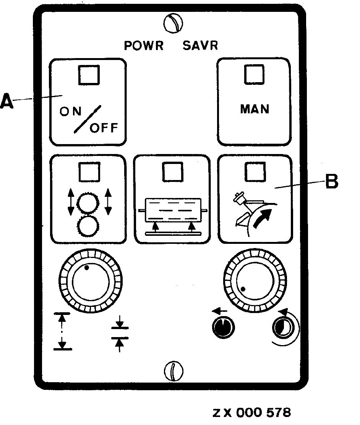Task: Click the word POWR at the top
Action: [x=144, y=45]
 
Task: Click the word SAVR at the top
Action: [x=200, y=45]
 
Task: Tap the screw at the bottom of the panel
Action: [x=173, y=371]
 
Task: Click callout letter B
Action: [x=331, y=182]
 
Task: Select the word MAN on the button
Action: [x=255, y=109]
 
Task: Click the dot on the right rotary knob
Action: [x=243, y=288]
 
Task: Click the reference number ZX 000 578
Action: [x=251, y=413]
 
